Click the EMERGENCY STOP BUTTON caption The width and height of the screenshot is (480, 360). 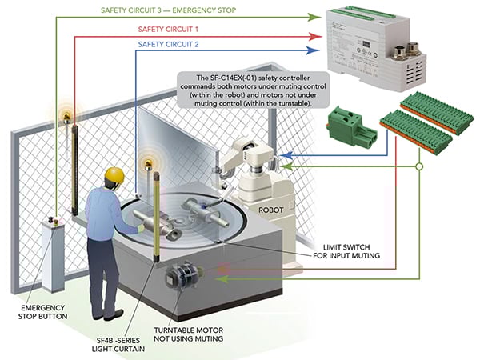click(x=50, y=311)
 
